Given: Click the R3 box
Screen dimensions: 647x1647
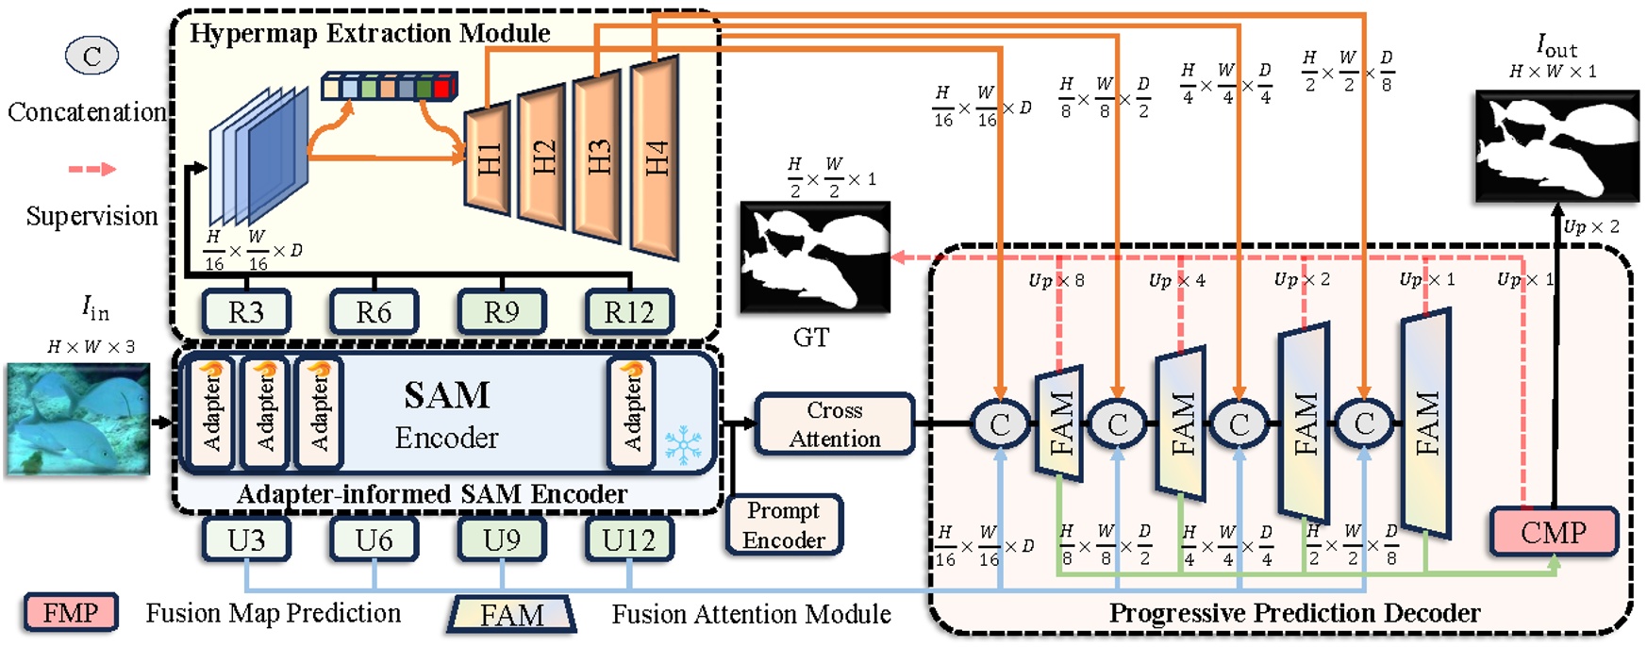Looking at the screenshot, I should [x=246, y=312].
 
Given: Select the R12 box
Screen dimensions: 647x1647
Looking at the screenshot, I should [x=629, y=312].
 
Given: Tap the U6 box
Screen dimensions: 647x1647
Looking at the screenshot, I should [x=374, y=540].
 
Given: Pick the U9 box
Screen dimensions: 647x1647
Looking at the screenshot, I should [x=501, y=540].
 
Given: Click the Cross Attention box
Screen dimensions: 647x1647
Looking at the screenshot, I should [x=835, y=424].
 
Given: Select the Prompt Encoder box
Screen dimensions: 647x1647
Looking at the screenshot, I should [x=784, y=525].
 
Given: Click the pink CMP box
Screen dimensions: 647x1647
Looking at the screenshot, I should [x=1554, y=533].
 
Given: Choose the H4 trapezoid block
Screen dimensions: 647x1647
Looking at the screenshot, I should [x=656, y=157].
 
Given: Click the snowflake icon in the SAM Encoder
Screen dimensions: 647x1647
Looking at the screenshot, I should [x=683, y=444].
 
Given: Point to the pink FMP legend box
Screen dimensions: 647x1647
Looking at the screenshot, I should [x=71, y=613].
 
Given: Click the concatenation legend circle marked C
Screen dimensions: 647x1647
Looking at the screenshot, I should [x=91, y=56].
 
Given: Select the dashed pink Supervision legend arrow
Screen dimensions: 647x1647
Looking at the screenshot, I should [x=91, y=170].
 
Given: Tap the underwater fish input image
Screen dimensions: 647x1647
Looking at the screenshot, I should [x=78, y=419].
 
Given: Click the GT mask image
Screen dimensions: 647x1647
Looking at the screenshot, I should [x=815, y=257].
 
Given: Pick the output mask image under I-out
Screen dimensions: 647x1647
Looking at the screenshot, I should [x=1556, y=145].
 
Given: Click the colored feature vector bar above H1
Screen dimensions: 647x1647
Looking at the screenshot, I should [x=390, y=87].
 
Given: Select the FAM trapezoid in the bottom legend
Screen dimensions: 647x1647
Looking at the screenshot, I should [x=511, y=614].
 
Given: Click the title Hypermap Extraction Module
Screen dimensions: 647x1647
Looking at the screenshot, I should [x=370, y=33].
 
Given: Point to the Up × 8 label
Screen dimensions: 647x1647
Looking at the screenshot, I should [x=1056, y=280].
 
